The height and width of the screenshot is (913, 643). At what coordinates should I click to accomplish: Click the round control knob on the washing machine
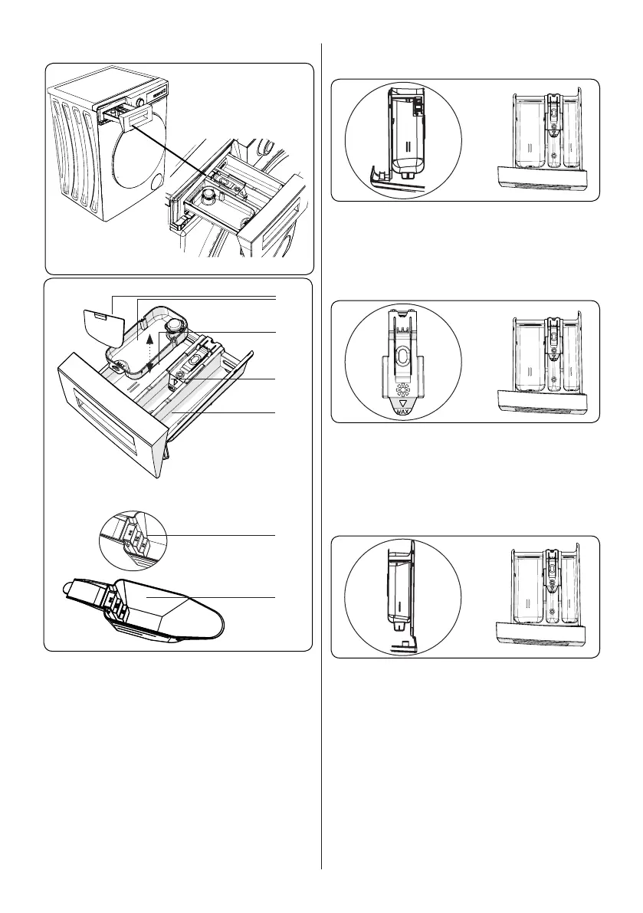pyautogui.click(x=140, y=100)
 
